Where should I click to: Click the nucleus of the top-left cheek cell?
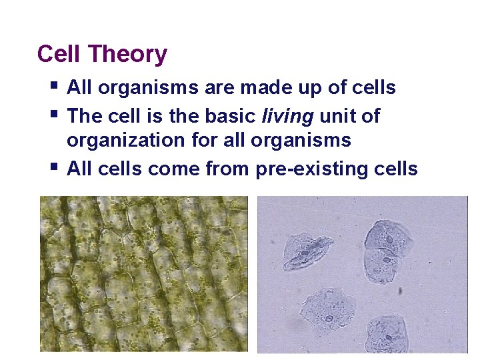[x=304, y=253]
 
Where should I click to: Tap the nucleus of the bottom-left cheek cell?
[x=329, y=318]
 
